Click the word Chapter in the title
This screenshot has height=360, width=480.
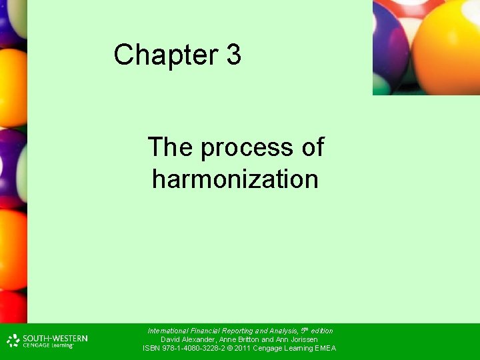tap(166, 55)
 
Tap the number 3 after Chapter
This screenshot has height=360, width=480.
tap(233, 55)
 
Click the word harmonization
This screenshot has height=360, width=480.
tap(235, 179)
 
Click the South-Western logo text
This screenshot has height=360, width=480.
tap(55, 338)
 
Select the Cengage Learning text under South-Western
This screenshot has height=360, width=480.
tap(47, 345)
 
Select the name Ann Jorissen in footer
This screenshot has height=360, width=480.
tap(297, 339)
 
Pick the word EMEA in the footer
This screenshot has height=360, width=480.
tap(325, 348)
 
